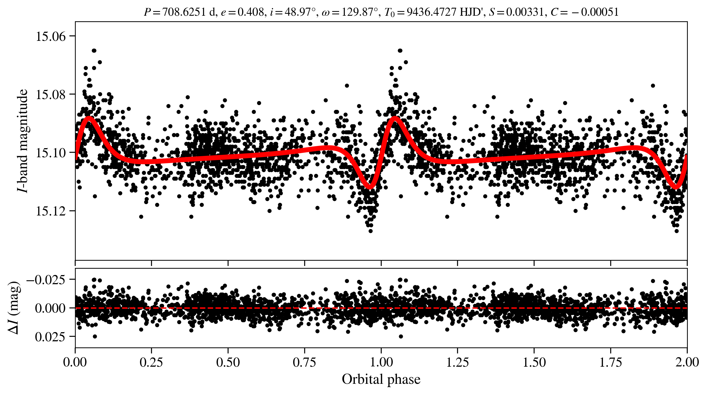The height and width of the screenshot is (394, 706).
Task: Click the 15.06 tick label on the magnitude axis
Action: pos(51,36)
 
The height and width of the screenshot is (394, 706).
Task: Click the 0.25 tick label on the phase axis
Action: pos(151,362)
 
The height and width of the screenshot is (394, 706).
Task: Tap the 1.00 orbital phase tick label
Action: pos(381,362)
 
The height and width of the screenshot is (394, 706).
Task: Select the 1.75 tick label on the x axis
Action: pos(610,362)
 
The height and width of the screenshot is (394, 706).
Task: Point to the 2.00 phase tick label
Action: pos(687,362)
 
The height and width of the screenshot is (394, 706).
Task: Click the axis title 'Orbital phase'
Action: pos(381,379)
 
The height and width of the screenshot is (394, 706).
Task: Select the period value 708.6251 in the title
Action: pos(183,12)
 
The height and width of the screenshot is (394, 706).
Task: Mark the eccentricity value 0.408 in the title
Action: pos(250,12)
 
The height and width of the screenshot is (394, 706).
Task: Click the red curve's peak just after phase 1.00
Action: pos(395,118)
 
